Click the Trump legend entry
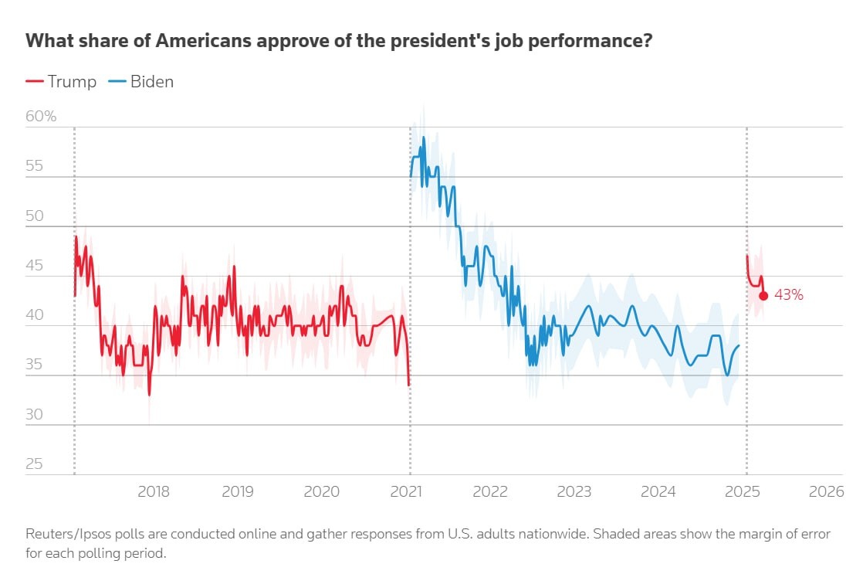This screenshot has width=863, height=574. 62,82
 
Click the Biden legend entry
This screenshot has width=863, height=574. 142,82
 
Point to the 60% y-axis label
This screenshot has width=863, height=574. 42,117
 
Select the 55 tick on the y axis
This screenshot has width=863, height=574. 36,166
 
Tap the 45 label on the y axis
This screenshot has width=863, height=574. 36,266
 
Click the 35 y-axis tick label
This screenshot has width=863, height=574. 36,365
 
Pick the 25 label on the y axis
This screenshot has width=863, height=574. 36,464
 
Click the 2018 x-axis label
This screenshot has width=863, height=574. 153,492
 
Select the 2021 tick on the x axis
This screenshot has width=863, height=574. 405,492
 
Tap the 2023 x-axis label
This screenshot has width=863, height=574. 574,492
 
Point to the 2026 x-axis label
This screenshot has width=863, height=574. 827,492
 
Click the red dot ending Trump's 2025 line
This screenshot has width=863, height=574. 763,295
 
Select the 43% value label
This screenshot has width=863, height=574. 788,295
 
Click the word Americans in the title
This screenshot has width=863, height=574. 200,41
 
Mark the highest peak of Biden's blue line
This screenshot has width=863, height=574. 424,138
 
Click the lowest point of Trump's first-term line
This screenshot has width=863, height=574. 149,395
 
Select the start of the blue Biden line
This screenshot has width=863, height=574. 411,177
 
